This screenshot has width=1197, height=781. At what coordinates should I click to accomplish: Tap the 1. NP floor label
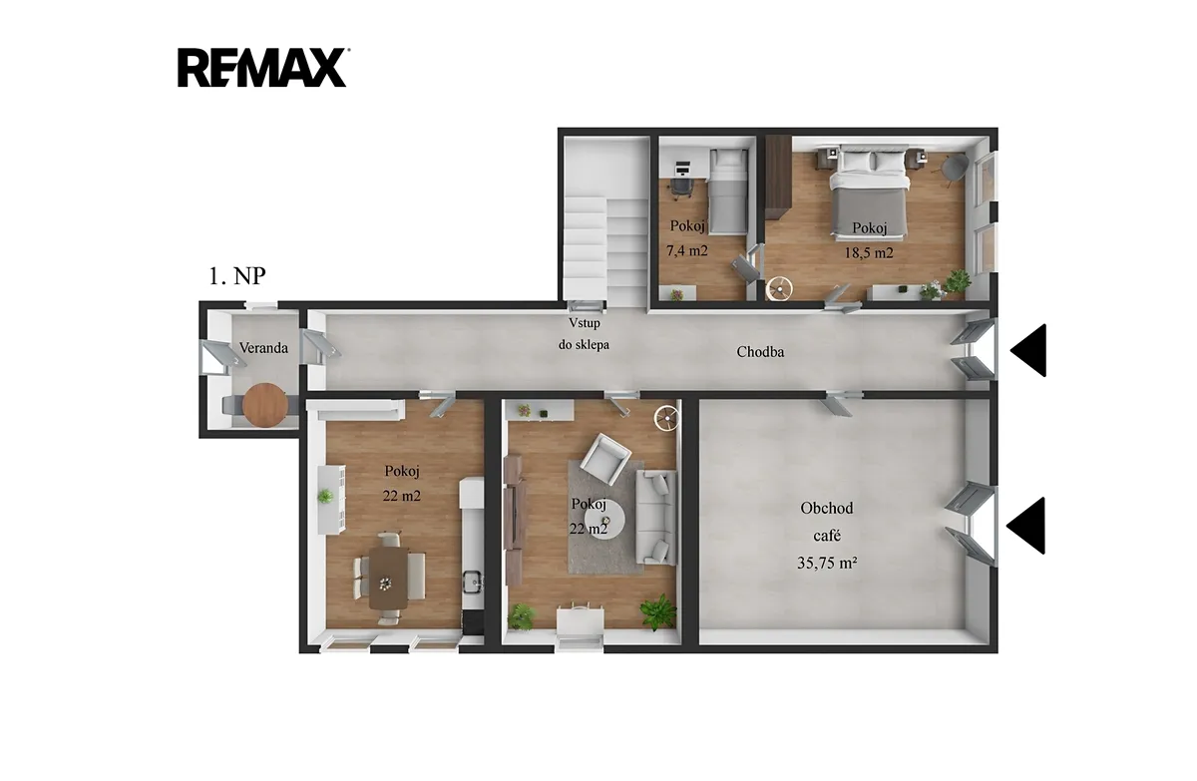coord(236,276)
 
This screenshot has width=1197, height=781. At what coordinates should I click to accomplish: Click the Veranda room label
coord(263,348)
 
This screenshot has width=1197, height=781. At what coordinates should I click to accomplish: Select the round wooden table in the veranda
coord(265,405)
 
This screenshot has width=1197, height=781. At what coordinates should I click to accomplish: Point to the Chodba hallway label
coord(760,351)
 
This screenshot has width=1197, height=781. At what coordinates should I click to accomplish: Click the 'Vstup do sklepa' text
coord(585,334)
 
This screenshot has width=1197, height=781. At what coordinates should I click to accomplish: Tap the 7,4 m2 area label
coord(687,250)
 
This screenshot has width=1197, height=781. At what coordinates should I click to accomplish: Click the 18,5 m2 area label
coord(869,252)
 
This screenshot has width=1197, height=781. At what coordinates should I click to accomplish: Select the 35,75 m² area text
coord(828,563)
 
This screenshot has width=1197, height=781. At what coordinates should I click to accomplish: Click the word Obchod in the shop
coord(827,508)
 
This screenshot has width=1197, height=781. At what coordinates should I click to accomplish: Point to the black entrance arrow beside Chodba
coord(1028,350)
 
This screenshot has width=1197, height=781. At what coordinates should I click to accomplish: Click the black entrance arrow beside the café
coord(1025,526)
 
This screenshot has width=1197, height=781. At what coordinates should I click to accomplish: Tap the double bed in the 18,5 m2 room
coord(869,193)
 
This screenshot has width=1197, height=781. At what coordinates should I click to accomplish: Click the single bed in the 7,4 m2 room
coord(727,192)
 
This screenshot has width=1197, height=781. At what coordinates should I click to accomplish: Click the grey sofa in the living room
coord(655,517)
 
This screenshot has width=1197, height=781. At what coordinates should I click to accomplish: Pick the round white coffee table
coord(603,520)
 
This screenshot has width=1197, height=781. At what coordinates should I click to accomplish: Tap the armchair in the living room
coord(605,460)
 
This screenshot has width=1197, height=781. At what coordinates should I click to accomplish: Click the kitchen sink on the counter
coord(473,581)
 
